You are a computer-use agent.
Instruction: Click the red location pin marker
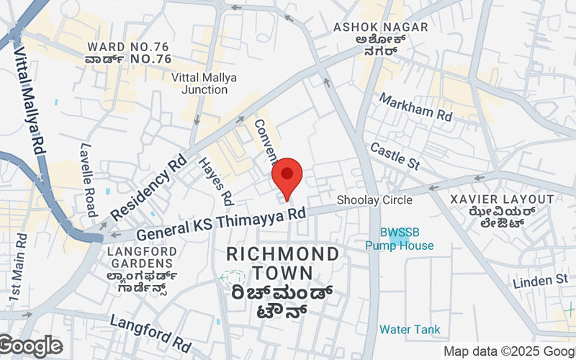pos(287,176)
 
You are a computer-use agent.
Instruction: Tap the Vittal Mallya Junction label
pos(199,83)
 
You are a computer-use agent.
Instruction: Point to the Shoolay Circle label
pos(375,200)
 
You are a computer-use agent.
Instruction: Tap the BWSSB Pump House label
pos(399,238)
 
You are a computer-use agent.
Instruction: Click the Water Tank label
pos(410,329)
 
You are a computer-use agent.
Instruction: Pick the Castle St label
pos(395,156)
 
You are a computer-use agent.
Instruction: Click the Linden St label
pos(541,279)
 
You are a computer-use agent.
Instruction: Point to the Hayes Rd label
pos(216,180)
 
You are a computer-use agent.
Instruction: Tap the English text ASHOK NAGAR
pos(381,27)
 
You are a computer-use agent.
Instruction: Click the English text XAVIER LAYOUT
pos(502,199)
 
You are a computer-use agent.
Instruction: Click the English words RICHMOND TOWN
pos(282,264)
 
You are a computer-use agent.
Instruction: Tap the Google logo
pos(31,346)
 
